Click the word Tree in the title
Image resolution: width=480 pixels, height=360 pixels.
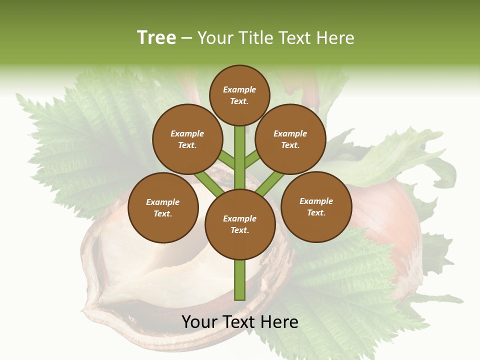click(156, 37)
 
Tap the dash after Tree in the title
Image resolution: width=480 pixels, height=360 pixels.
click(187, 38)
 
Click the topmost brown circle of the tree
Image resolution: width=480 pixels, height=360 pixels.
click(239, 95)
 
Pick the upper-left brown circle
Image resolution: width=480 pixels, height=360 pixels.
click(187, 139)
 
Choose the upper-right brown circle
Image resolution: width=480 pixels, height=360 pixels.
click(290, 139)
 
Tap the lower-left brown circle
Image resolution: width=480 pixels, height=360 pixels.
click(163, 207)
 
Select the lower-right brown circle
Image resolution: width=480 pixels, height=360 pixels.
click(316, 206)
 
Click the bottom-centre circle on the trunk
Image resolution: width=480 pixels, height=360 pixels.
click(240, 224)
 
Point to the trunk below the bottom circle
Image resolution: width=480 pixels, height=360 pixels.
click(240, 280)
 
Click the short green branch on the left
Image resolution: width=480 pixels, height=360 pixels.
click(226, 160)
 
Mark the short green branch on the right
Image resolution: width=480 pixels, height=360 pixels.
click(252, 159)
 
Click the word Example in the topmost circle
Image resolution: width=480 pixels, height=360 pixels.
click(239, 89)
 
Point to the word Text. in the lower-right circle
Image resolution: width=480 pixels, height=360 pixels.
click(316, 212)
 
